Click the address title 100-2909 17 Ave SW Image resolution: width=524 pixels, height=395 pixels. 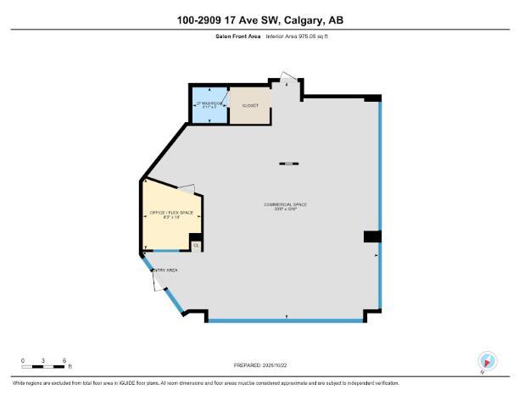coord(260,19)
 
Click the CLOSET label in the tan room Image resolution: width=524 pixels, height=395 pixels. coord(250,106)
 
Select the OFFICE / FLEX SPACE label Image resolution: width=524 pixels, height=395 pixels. coord(172,213)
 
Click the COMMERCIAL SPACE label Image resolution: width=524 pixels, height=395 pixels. coord(285,205)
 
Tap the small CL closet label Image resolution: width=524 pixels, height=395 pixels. coord(195,246)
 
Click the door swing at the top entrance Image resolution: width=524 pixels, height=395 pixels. coord(289,83)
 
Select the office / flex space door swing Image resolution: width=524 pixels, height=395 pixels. coord(187,187)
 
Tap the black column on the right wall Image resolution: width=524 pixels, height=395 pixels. coord(372,236)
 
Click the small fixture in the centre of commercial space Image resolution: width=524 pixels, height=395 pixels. coord(289,163)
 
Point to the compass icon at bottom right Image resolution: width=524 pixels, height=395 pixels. coord(487,359)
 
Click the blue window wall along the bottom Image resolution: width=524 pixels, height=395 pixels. coord(286,320)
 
